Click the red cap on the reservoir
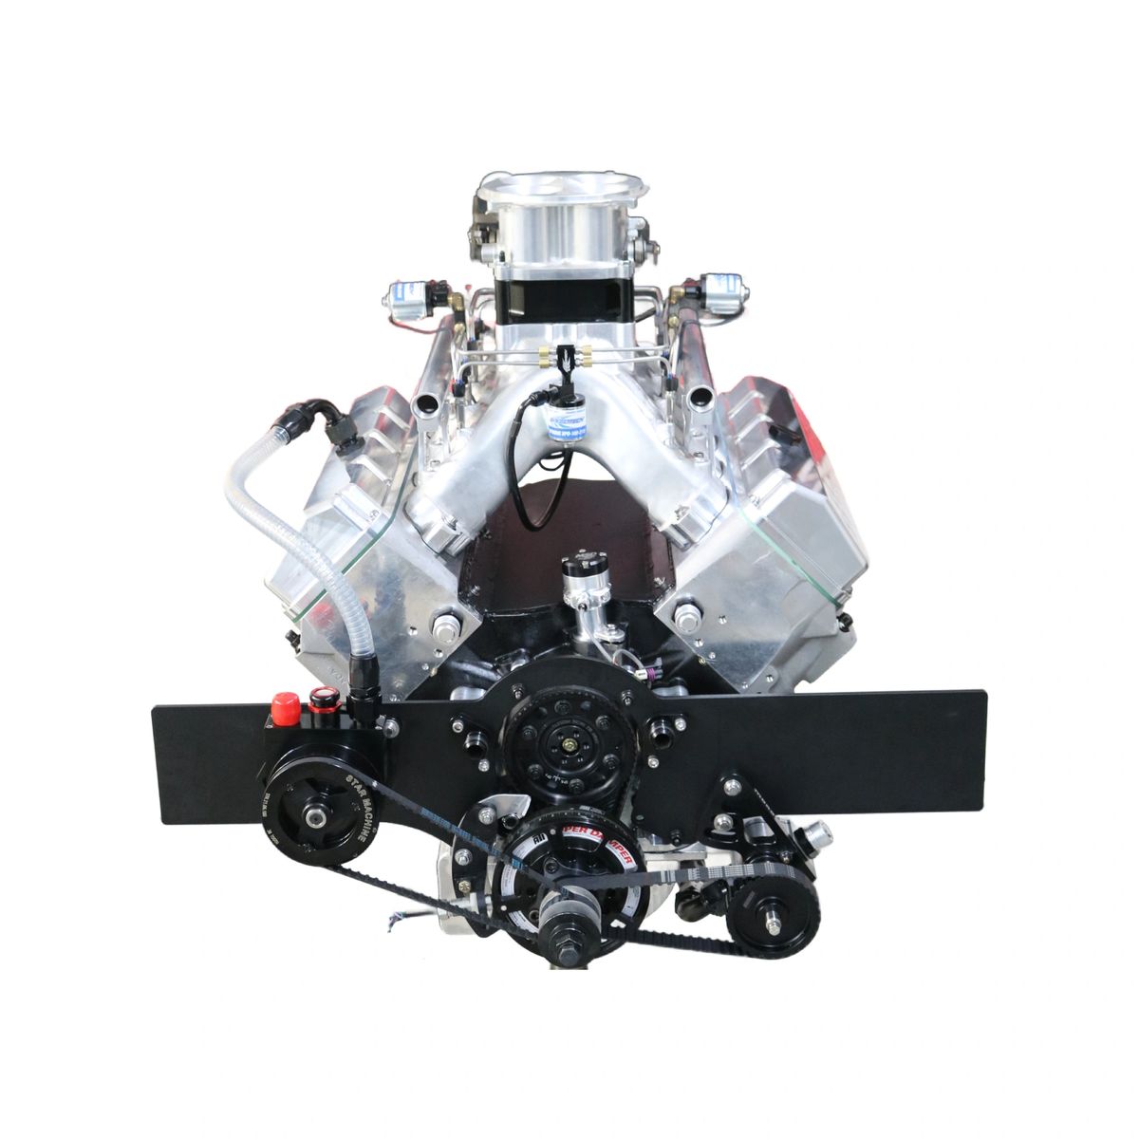pos(281,706)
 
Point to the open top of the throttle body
pos(560,190)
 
